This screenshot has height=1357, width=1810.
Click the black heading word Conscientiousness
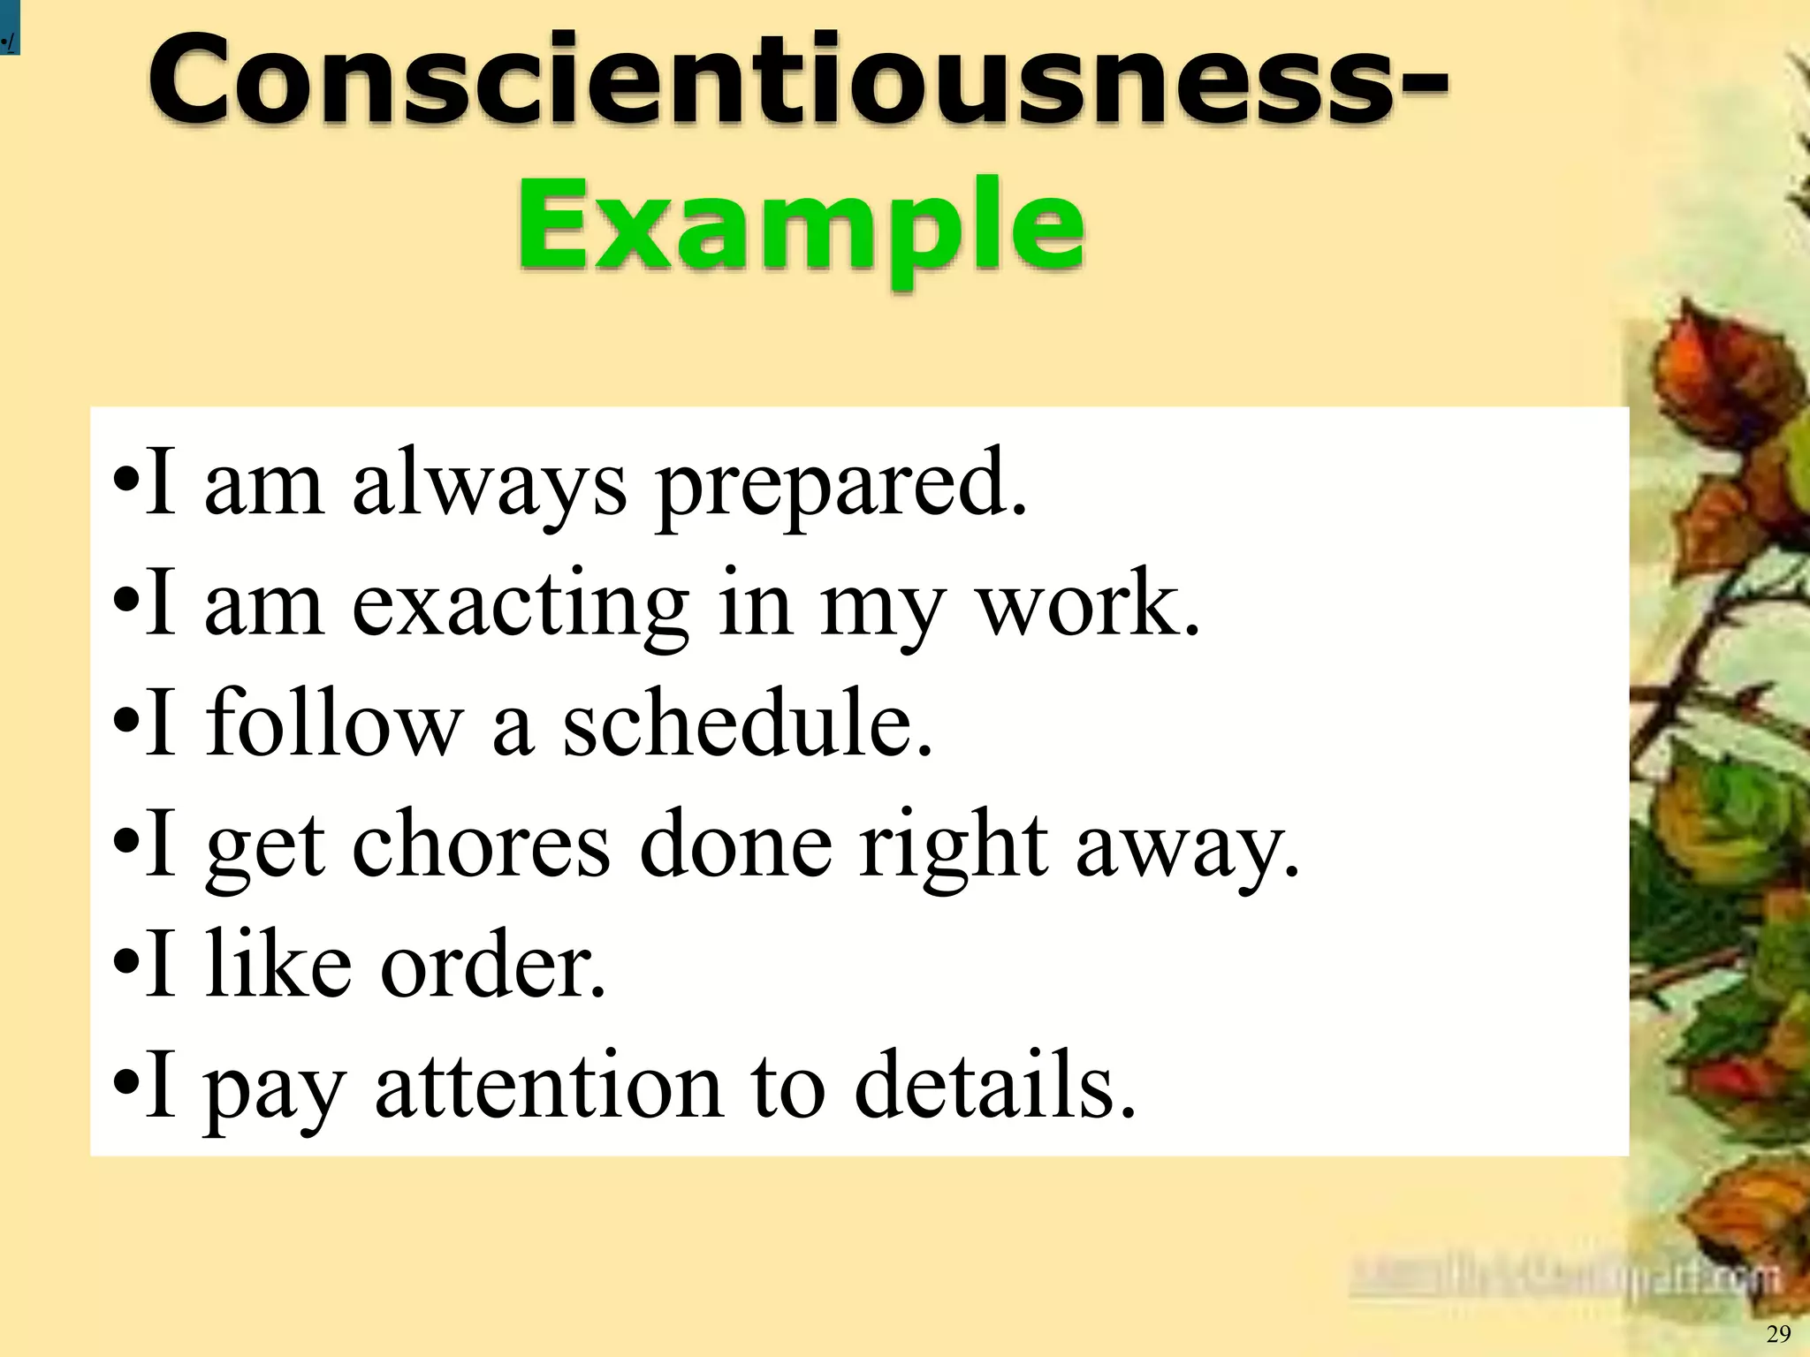(x=778, y=81)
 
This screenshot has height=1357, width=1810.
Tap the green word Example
(x=800, y=225)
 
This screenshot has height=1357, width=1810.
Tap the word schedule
(x=747, y=724)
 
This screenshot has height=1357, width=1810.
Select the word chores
(x=481, y=845)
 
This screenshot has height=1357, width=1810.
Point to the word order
(x=492, y=965)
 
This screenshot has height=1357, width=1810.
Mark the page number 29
(x=1778, y=1334)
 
